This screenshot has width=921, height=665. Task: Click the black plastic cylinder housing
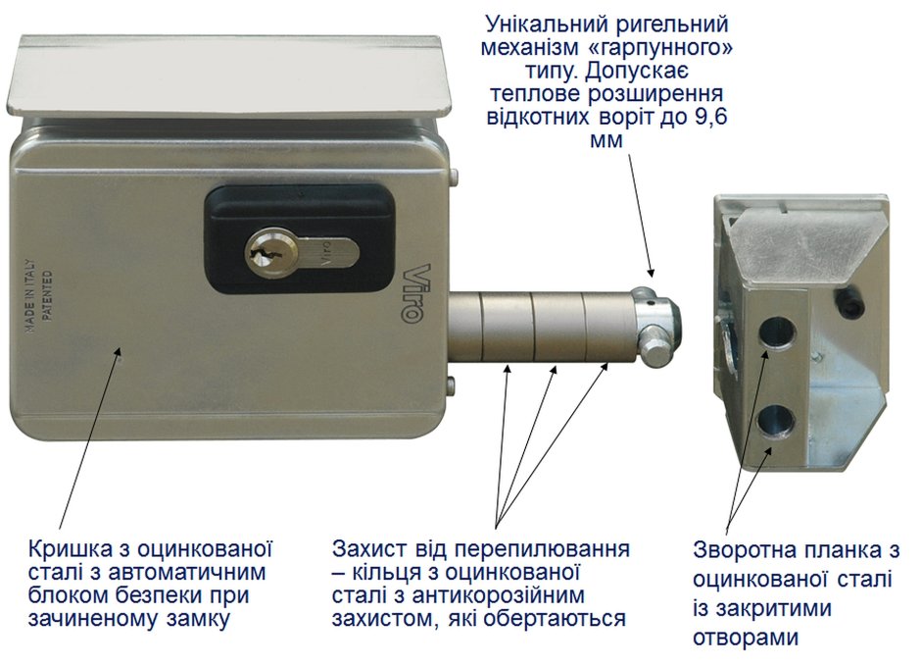click(300, 239)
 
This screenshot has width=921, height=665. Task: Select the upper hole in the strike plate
click(776, 332)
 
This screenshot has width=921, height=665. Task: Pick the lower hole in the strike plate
click(776, 422)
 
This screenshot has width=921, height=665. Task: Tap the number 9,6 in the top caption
click(710, 117)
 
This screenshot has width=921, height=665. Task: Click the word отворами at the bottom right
click(746, 638)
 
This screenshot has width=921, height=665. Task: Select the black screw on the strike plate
click(848, 302)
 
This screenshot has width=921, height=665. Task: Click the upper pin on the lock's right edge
click(453, 177)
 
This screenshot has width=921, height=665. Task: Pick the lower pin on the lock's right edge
click(451, 386)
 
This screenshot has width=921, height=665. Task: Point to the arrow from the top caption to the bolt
click(640, 215)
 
